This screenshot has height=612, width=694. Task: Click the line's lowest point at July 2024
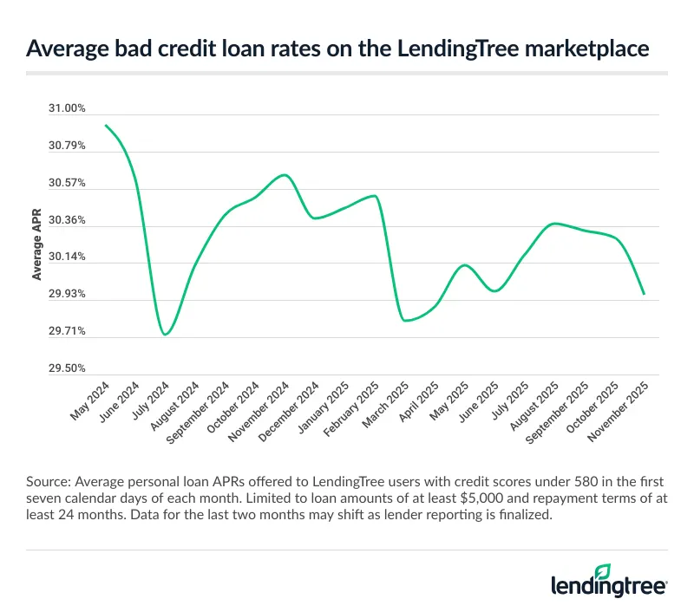coord(165,335)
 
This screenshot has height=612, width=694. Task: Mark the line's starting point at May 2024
coord(106,126)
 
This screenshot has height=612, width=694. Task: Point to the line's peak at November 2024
coord(285,175)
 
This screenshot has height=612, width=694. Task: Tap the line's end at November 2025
coord(644,294)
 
